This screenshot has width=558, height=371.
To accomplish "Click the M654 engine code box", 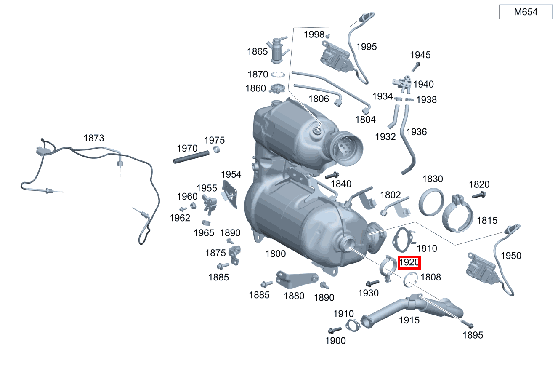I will (x=526, y=12).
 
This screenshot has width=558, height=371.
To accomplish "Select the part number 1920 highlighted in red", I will (x=409, y=263).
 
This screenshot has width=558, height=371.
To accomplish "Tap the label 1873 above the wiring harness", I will (x=94, y=138).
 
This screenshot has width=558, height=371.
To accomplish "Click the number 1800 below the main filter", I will (x=276, y=254).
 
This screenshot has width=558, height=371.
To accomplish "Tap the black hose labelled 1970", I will (x=191, y=157).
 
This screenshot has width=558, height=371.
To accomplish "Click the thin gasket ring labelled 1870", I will (x=277, y=75).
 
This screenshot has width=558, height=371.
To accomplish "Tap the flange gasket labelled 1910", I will (x=353, y=325).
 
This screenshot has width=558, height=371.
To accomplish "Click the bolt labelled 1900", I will (x=335, y=330).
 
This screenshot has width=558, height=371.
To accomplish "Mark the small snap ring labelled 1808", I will (x=409, y=279).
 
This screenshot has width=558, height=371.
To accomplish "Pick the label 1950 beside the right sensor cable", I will (x=511, y=256).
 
